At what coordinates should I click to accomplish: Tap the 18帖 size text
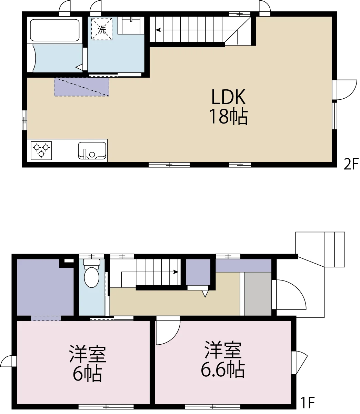coord(228,117)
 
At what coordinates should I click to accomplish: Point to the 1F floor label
coord(308,403)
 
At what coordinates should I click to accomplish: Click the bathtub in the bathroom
coord(54,30)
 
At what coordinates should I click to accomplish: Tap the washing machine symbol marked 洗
coord(102,29)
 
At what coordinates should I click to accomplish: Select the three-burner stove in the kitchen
coord(41,150)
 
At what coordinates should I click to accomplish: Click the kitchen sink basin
coord(92,150)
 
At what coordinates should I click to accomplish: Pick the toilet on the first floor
coord(92,273)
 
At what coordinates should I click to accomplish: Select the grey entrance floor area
coord(258,294)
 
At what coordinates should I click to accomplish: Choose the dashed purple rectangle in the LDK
coord(81,87)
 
